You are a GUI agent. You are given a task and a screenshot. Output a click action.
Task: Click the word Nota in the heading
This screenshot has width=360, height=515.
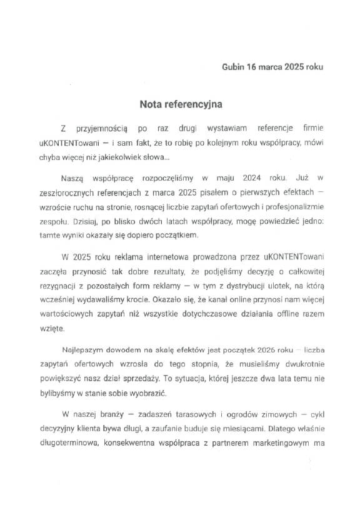pos(151,101)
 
